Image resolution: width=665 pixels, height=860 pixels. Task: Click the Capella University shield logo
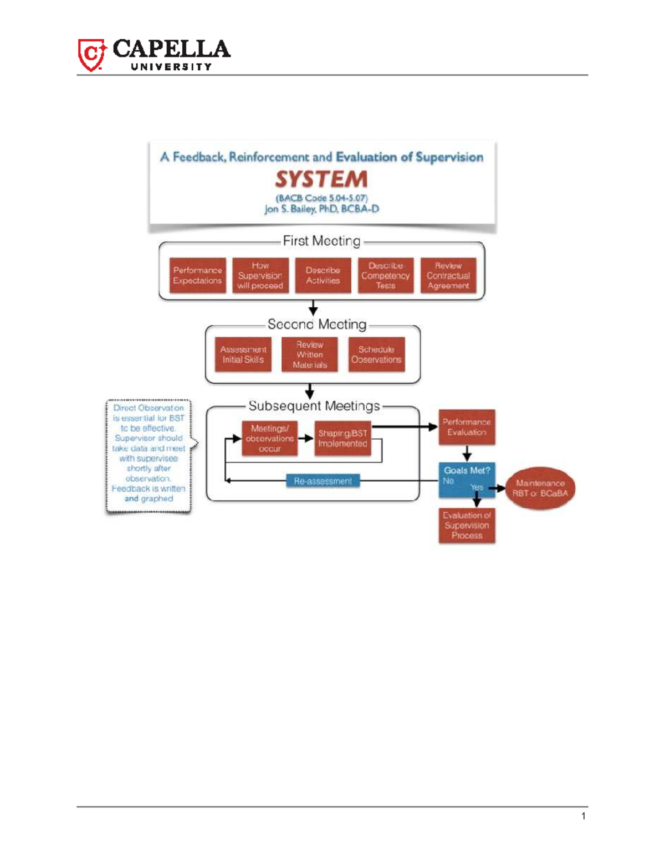pyautogui.click(x=91, y=55)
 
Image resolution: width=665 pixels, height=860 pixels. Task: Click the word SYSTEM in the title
pyautogui.click(x=321, y=179)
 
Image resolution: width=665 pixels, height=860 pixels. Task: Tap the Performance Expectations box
pyautogui.click(x=197, y=275)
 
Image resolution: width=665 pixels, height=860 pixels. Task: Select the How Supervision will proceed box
pyautogui.click(x=260, y=275)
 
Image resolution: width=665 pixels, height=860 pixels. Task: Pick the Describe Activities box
pyautogui.click(x=323, y=275)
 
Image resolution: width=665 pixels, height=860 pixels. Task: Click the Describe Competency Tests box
pyautogui.click(x=385, y=275)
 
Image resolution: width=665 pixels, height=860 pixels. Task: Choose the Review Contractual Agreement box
pyautogui.click(x=448, y=275)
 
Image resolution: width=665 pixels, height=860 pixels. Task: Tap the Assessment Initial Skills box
pyautogui.click(x=243, y=354)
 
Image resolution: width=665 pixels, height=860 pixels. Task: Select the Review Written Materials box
pyautogui.click(x=309, y=354)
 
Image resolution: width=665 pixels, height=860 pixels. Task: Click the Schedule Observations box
pyautogui.click(x=376, y=354)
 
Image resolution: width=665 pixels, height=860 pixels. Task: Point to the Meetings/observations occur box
pyautogui.click(x=269, y=438)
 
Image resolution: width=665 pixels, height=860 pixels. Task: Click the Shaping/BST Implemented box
pyautogui.click(x=342, y=438)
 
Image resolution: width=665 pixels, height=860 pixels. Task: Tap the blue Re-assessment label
pyautogui.click(x=323, y=481)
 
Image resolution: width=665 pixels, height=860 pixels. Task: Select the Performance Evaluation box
pyautogui.click(x=467, y=427)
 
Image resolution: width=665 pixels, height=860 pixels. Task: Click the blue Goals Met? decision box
pyautogui.click(x=467, y=479)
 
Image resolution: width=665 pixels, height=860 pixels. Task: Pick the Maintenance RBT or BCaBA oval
pyautogui.click(x=540, y=488)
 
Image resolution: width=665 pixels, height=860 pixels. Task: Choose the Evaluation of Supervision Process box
pyautogui.click(x=467, y=525)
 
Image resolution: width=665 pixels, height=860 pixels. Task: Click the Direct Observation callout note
pyautogui.click(x=149, y=456)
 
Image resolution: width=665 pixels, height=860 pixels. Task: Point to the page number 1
pyautogui.click(x=584, y=816)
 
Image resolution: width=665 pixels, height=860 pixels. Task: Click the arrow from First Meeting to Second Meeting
pyautogui.click(x=313, y=308)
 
